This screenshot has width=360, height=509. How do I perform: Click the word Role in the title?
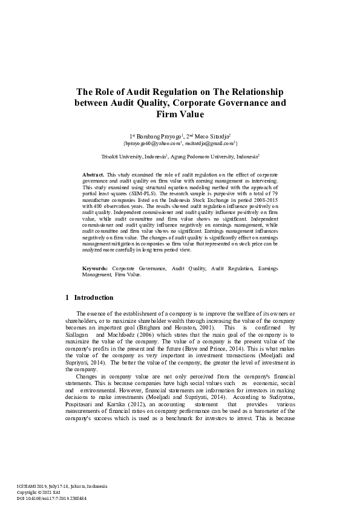[x=105, y=92]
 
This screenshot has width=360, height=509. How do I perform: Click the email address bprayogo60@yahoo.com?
[x=152, y=144]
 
